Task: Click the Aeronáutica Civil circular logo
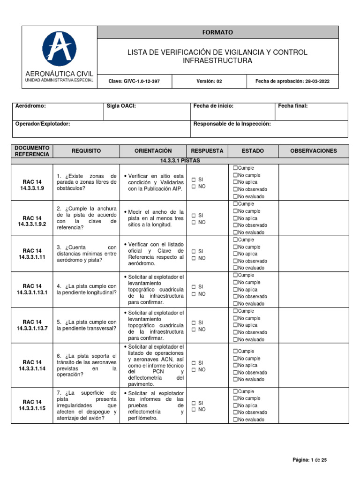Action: pyautogui.click(x=59, y=49)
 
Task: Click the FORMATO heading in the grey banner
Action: pyautogui.click(x=217, y=32)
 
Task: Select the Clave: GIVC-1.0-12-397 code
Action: pyautogui.click(x=134, y=81)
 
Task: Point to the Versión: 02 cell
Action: pyautogui.click(x=209, y=81)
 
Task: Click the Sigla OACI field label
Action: pyautogui.click(x=121, y=106)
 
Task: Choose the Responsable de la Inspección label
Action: pyautogui.click(x=232, y=124)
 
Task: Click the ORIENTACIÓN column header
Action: pyautogui.click(x=153, y=151)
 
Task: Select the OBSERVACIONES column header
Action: pyautogui.click(x=313, y=151)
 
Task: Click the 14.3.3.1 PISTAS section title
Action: pyautogui.click(x=180, y=161)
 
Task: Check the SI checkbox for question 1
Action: pyautogui.click(x=193, y=180)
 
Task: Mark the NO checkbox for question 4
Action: pyautogui.click(x=193, y=294)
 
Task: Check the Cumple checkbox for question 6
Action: pyautogui.click(x=235, y=351)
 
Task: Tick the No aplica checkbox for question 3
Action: pyautogui.click(x=235, y=254)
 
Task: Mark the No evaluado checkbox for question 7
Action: pyautogui.click(x=235, y=420)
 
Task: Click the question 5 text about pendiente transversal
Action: pyautogui.click(x=86, y=325)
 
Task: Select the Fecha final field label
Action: pyautogui.click(x=293, y=106)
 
